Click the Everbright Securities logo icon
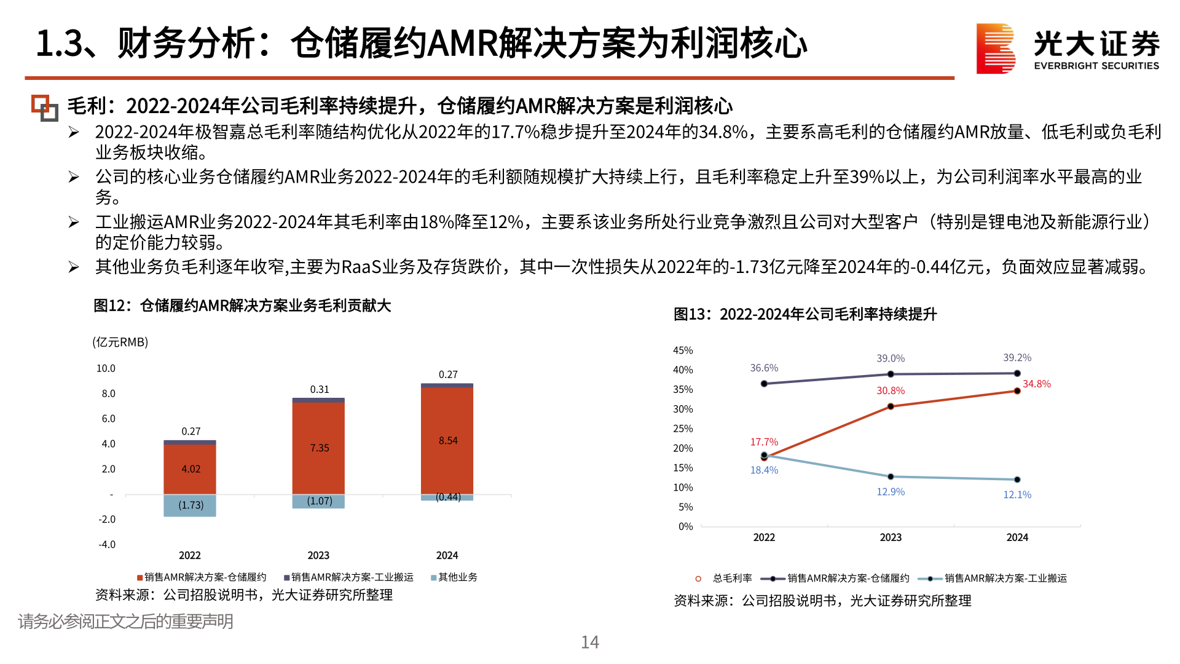point(995,49)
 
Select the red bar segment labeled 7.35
point(318,448)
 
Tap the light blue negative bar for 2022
point(190,505)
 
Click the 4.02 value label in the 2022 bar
point(191,469)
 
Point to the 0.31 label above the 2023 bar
point(319,389)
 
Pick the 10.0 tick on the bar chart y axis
point(106,368)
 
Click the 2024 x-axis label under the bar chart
point(447,555)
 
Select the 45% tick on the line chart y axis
point(683,350)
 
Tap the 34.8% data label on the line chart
point(1036,384)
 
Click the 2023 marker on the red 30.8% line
point(891,406)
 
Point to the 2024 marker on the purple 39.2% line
point(1017,373)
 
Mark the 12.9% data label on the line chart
point(891,492)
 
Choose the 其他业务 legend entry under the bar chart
point(454,577)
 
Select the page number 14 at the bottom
point(590,642)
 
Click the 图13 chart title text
point(804,314)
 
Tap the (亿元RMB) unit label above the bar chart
point(120,342)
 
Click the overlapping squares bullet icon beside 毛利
point(45,108)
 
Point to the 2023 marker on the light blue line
point(891,476)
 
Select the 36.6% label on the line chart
point(764,368)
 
